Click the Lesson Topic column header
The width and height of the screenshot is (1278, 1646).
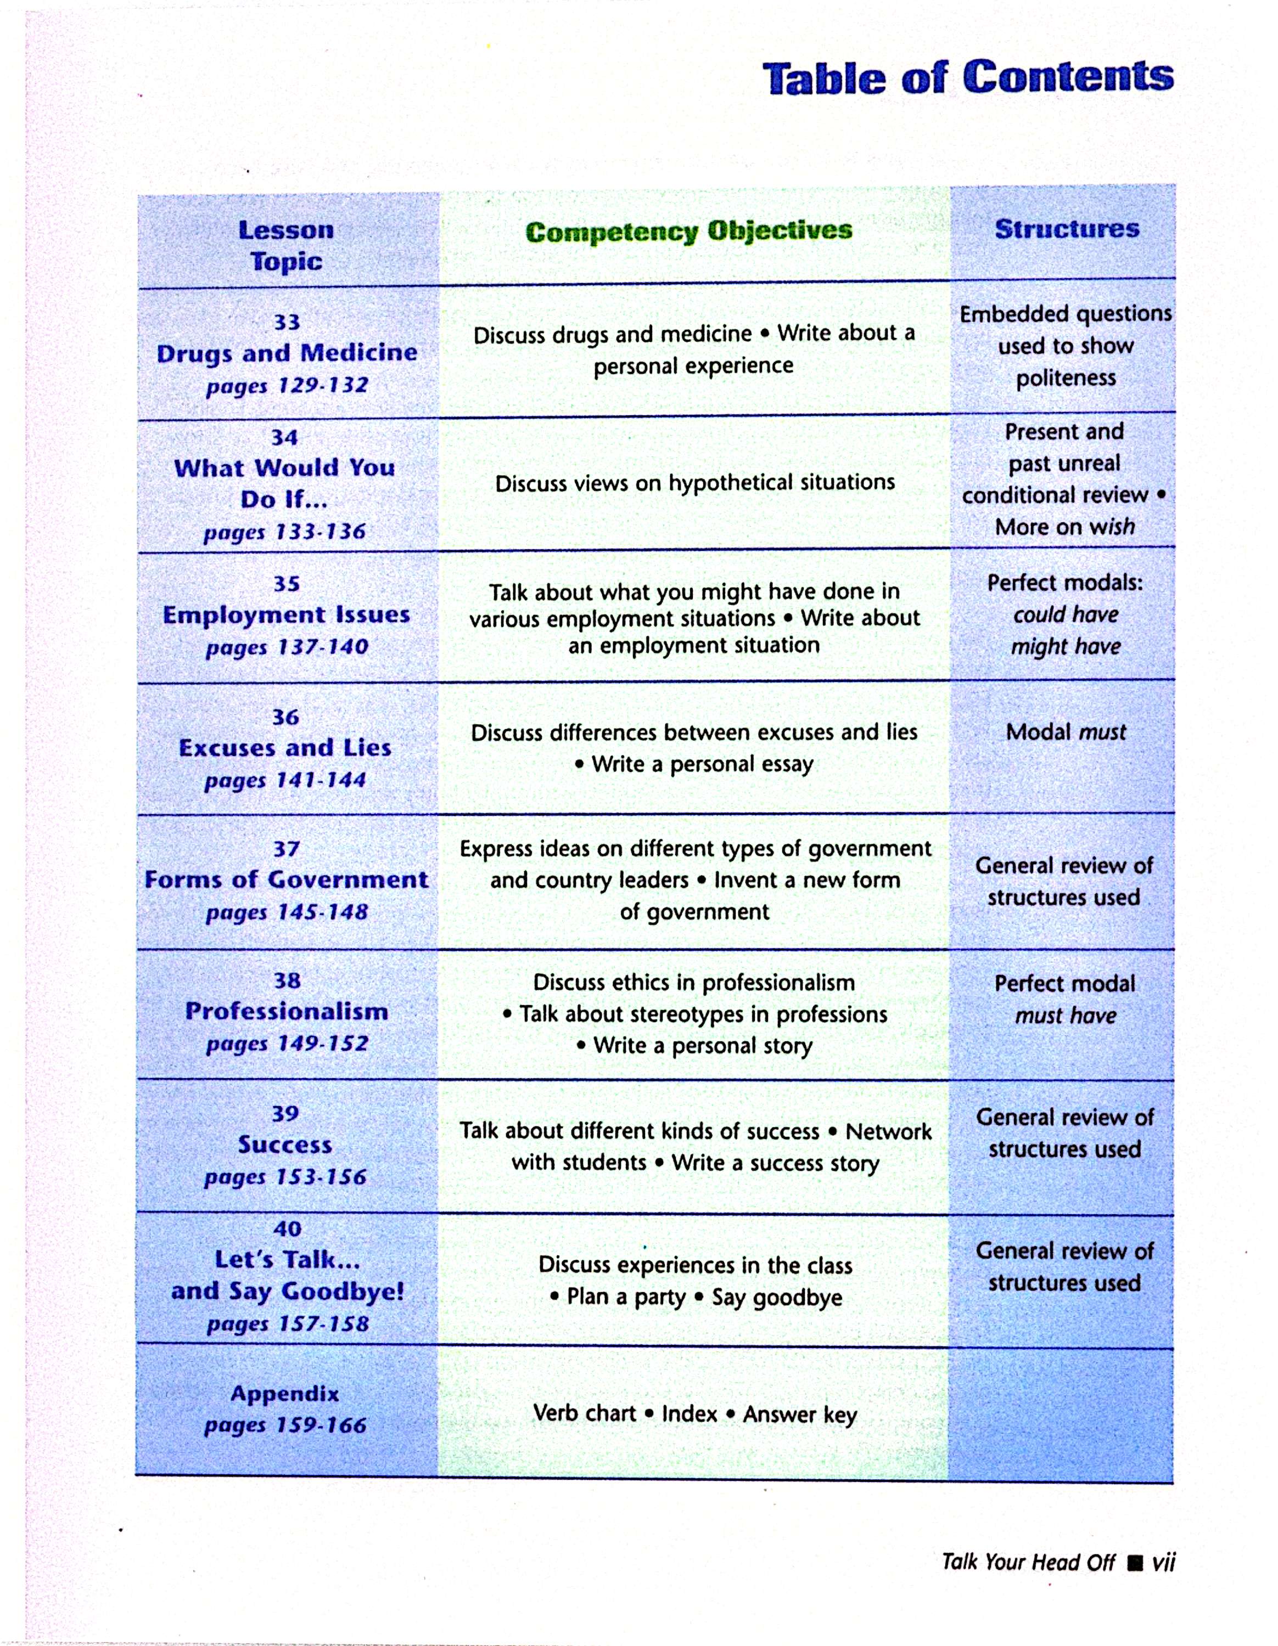pos(286,246)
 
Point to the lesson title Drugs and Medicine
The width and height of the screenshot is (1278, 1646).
pos(287,353)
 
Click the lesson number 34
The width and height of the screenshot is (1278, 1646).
pos(285,437)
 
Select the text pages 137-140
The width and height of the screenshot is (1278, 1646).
pos(287,647)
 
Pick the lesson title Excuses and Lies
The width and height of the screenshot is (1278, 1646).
pos(285,748)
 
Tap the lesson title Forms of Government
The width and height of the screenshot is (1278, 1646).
pos(286,880)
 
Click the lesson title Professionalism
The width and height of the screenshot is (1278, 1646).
pos(287,1011)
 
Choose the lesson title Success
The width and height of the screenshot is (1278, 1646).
pos(285,1145)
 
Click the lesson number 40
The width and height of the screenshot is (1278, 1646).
pos(287,1229)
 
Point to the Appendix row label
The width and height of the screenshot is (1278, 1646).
pos(285,1394)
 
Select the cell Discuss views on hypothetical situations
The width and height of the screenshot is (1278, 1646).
pos(694,482)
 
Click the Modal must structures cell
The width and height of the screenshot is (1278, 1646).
pos(1066,732)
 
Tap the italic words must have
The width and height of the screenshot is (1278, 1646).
pos(1066,1015)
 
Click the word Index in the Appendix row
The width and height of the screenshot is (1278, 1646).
pos(689,1414)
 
